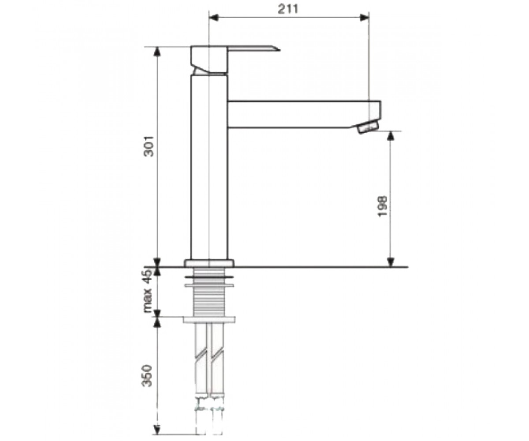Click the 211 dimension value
288,9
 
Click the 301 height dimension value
149,146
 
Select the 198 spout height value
382,206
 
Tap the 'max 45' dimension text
147,291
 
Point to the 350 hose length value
147,376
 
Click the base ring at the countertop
209,263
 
